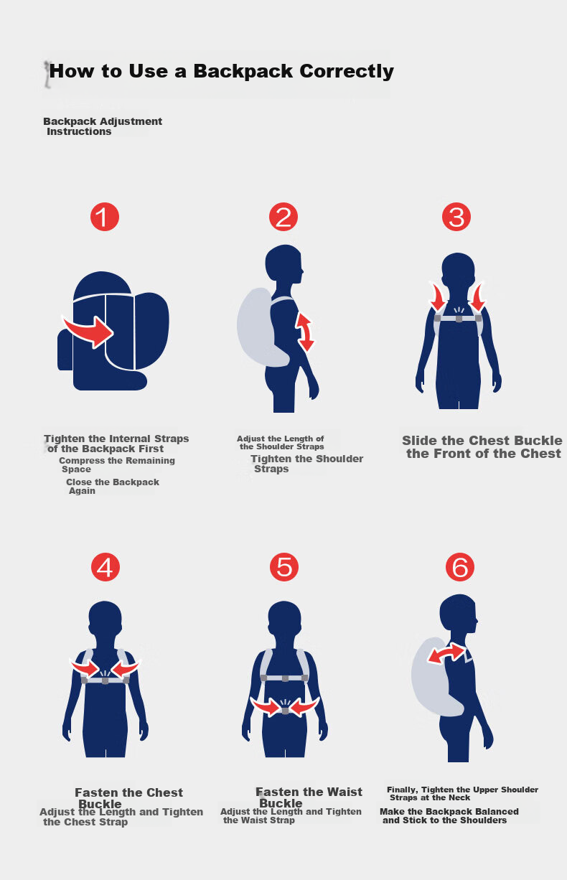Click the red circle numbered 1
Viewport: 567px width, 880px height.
(x=105, y=217)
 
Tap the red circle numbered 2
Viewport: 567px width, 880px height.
(x=283, y=217)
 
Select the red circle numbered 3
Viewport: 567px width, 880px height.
(x=456, y=217)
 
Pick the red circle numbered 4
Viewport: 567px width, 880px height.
(x=106, y=567)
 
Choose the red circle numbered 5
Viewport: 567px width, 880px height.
(x=284, y=567)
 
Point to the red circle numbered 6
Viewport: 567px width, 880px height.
(x=460, y=567)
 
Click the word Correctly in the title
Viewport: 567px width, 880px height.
(x=347, y=72)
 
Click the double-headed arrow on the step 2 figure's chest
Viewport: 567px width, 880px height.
(x=305, y=332)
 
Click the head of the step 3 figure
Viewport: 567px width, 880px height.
(x=458, y=269)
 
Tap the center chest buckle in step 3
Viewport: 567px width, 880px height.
(x=459, y=319)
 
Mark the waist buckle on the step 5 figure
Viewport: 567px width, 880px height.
(x=285, y=711)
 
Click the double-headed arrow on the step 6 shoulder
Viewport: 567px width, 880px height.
(x=446, y=654)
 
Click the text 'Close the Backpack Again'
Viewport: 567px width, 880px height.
(x=113, y=487)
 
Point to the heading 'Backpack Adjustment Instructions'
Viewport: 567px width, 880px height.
(x=103, y=126)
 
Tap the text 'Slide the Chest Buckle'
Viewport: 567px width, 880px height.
(x=482, y=441)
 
